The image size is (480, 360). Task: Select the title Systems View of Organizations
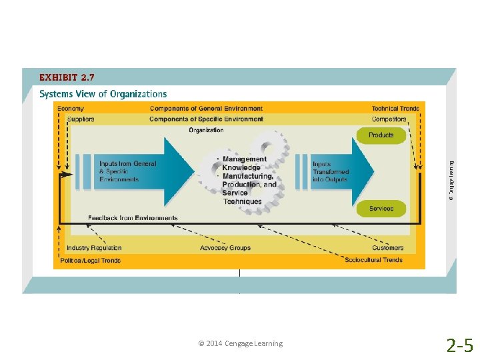pos(103,94)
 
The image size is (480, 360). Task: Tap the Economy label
pos(71,109)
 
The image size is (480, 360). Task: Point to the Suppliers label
pos(81,119)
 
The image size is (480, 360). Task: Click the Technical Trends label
pos(395,109)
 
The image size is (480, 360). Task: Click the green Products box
pos(381,135)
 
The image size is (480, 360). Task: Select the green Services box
pos(381,209)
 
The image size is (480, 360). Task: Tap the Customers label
pos(387,248)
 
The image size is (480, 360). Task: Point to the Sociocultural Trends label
pos(374,260)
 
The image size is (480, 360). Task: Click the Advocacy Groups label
pos(225,248)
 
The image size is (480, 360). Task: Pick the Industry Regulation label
pos(94,248)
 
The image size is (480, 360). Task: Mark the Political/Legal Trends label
pos(91,260)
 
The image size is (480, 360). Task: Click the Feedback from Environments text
pos(133,218)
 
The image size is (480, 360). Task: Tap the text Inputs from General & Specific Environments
pos(128,171)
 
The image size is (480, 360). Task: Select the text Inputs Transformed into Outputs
pos(331,171)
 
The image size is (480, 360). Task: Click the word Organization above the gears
pos(206,130)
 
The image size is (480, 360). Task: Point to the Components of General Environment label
pos(206,109)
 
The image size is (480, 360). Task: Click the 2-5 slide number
pos(459,345)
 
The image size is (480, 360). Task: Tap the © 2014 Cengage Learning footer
pos(240,343)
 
